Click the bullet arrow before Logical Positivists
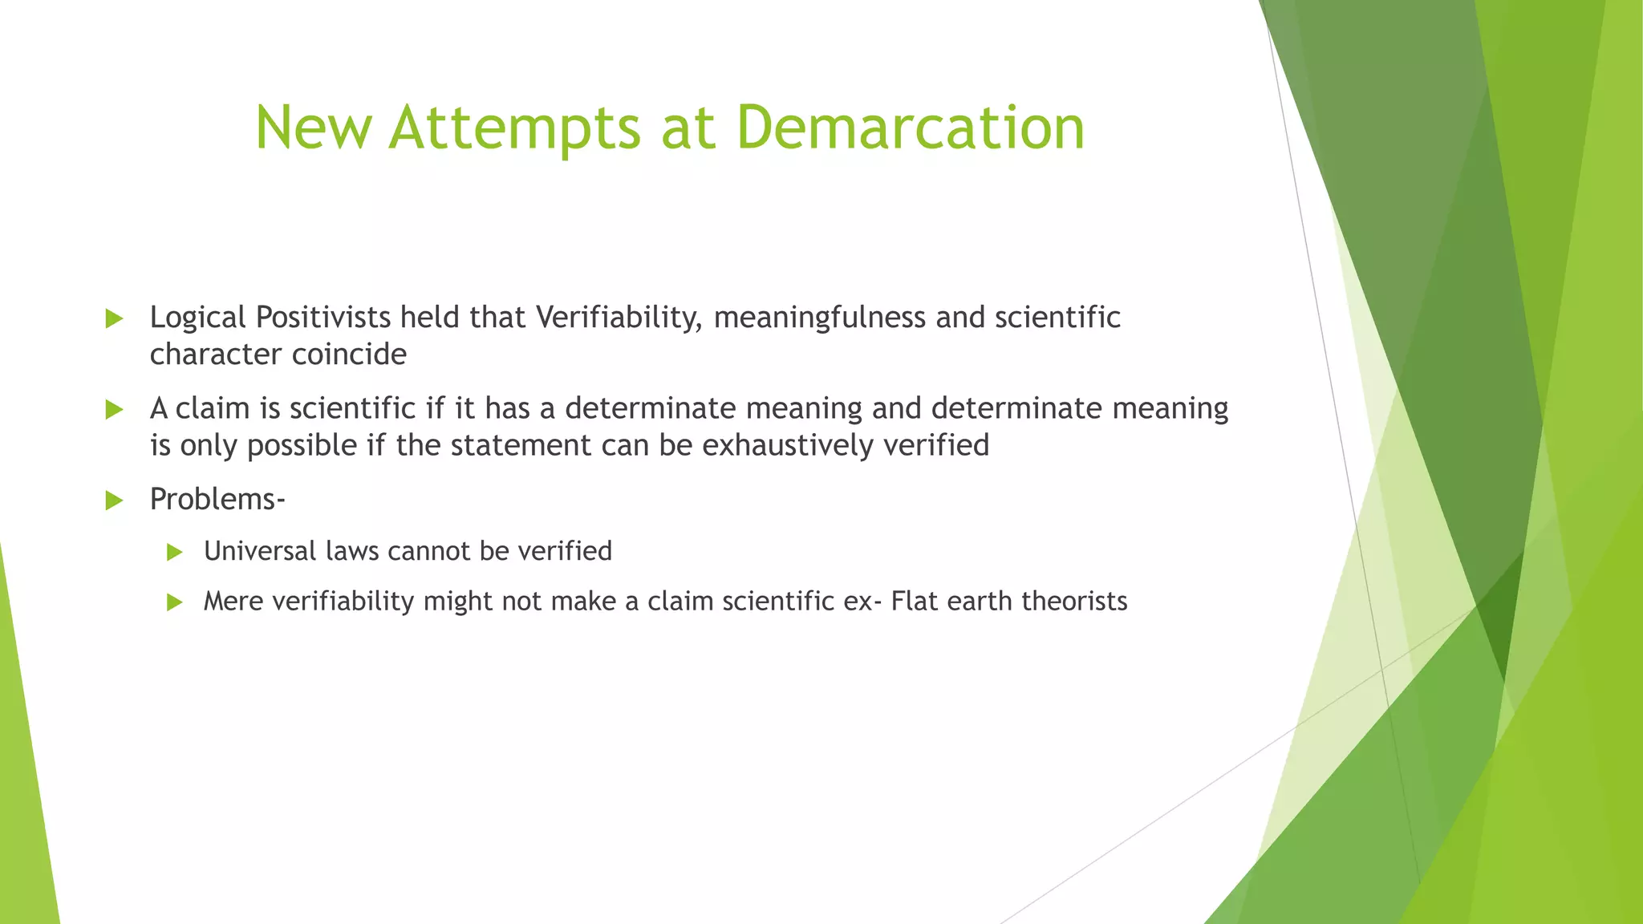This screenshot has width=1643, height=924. click(114, 318)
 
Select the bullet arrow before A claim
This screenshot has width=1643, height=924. click(114, 410)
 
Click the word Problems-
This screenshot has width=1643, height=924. click(217, 500)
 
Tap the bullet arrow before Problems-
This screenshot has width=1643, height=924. click(114, 501)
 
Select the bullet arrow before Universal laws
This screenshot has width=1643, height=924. click(175, 552)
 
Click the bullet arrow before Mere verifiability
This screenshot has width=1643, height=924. click(175, 602)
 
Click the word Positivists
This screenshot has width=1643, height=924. click(323, 318)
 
